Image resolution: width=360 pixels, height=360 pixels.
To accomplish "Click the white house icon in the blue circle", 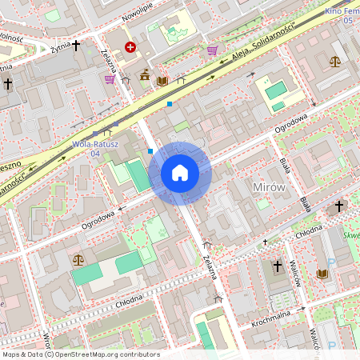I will click(x=180, y=173).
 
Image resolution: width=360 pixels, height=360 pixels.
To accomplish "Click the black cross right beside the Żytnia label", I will click(x=76, y=46).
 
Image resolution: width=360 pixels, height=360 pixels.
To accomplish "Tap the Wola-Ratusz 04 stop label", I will click(x=95, y=148).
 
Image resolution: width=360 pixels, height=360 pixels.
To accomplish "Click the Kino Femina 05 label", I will click(x=340, y=15).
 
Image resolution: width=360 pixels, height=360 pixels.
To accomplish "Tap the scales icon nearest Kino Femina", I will click(x=334, y=61).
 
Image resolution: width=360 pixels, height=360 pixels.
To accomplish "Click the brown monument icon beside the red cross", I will click(x=145, y=75).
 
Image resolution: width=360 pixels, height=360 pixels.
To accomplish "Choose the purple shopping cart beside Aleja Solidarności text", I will click(x=212, y=50).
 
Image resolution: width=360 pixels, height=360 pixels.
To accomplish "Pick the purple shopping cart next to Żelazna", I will click(x=110, y=78).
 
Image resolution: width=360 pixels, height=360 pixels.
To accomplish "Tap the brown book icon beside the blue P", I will click(x=322, y=274).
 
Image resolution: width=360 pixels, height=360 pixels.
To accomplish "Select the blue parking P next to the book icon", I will click(x=331, y=264).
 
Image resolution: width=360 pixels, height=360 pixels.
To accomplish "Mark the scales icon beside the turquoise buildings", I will click(x=78, y=259).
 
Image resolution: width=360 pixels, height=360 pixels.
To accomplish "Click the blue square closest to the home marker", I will click(x=150, y=150).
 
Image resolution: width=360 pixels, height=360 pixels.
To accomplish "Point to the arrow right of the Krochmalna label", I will click(x=302, y=309).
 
